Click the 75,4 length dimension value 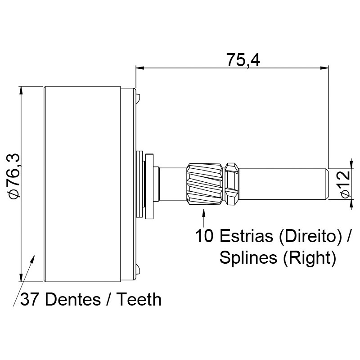[243, 60]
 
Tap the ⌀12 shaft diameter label [345, 184]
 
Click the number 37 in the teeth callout [29, 299]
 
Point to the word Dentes [73, 299]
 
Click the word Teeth [139, 299]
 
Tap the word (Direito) [310, 237]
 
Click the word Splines [248, 258]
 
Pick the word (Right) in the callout [310, 258]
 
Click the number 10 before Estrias [204, 236]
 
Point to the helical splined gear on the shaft [205, 184]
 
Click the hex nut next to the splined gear [231, 184]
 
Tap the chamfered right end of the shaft [327, 184]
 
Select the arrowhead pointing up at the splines [204, 212]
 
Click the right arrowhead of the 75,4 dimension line [324, 68]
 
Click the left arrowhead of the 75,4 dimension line [140, 68]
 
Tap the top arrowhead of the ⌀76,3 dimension [21, 91]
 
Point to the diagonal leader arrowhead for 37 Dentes [32, 259]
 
